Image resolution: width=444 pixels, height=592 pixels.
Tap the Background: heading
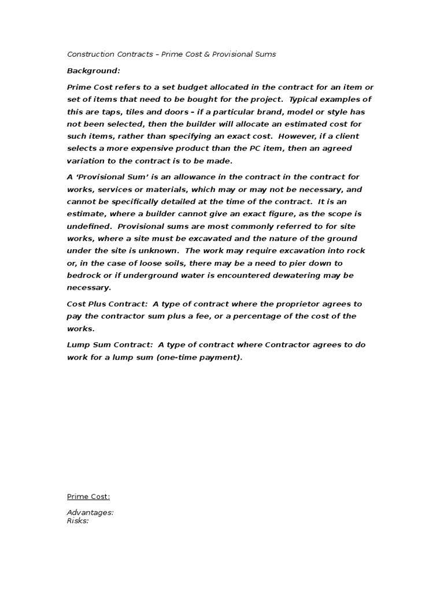(x=94, y=71)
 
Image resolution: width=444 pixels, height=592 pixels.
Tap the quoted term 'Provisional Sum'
(x=109, y=177)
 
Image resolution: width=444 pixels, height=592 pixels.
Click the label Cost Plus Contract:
(x=108, y=304)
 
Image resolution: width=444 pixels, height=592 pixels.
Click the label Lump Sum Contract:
(x=110, y=345)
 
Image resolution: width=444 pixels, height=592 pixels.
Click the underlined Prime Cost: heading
(x=88, y=497)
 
